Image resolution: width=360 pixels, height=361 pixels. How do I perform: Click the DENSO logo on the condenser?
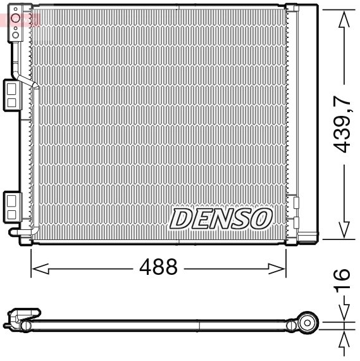[220, 218]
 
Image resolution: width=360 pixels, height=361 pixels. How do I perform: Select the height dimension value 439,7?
[342, 124]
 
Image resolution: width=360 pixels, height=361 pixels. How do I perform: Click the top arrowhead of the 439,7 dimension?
[342, 19]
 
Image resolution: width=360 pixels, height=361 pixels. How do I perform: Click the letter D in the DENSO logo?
[180, 219]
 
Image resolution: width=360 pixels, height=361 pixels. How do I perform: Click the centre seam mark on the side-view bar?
[201, 326]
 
